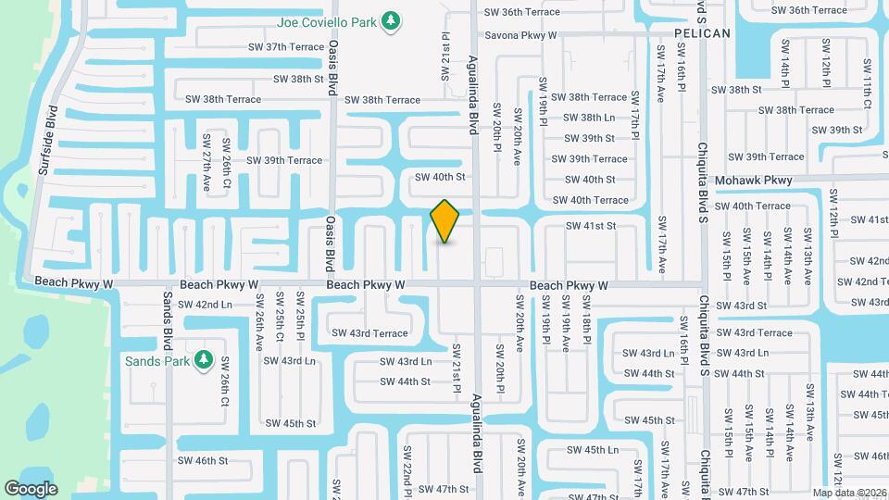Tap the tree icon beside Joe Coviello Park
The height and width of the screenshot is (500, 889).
point(392,20)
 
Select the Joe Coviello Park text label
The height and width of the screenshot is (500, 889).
point(330,20)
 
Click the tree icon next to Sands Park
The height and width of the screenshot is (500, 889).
point(204,360)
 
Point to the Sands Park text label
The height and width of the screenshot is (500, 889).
point(157,360)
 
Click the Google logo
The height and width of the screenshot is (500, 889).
point(31,488)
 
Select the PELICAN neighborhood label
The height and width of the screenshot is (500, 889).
point(702,33)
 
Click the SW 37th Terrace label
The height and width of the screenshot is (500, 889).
point(286,47)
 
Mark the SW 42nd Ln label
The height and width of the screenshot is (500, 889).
point(205,304)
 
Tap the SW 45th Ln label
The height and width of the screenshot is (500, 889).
point(586,450)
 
